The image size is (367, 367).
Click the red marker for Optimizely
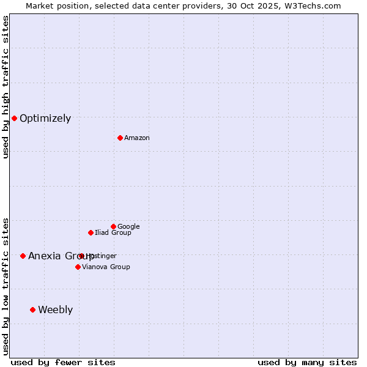coord(14,118)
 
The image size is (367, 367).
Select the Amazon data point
coord(120,138)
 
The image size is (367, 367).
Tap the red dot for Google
coord(113,226)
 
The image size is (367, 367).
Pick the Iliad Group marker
coord(91,232)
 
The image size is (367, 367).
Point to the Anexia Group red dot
coord(23,256)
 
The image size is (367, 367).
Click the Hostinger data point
coord(81,256)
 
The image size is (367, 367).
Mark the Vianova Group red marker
coord(78,267)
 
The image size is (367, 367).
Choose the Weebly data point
coord(32,310)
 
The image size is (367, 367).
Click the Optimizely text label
coord(45,119)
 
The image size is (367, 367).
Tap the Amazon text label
coord(137,138)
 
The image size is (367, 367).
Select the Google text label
coord(128,227)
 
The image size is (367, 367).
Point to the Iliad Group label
coord(113,233)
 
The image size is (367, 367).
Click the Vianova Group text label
coord(106,267)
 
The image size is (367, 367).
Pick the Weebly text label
coord(55,310)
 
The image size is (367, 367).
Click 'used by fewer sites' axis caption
coord(63,363)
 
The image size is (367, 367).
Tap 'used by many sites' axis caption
coord(307,363)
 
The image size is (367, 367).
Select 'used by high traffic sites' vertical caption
coord(6,87)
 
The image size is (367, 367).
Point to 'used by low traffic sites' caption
coord(6,286)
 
